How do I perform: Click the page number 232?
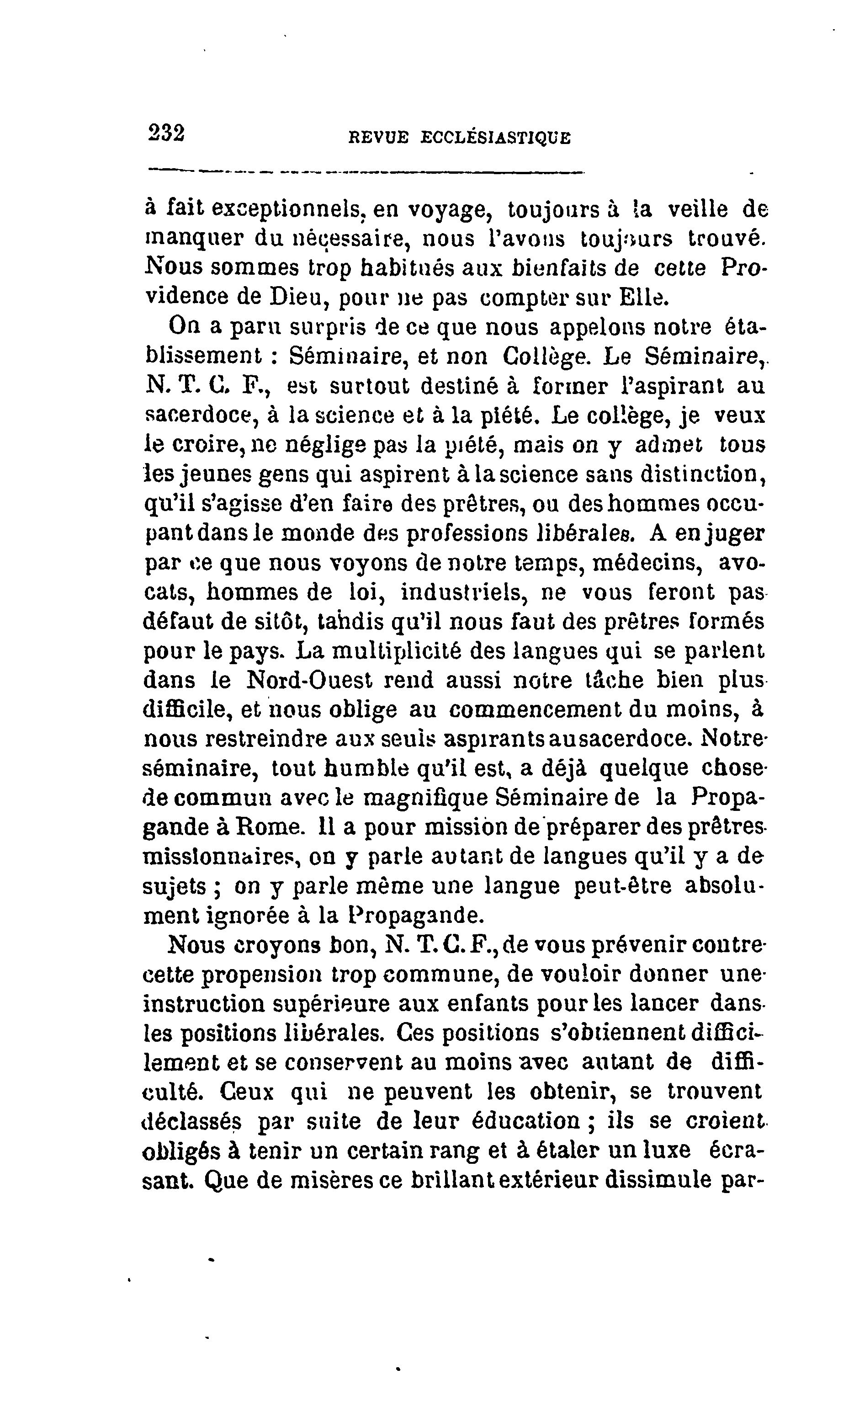(x=167, y=133)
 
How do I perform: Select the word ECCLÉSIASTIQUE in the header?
(x=495, y=138)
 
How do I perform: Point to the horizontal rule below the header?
(x=366, y=171)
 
